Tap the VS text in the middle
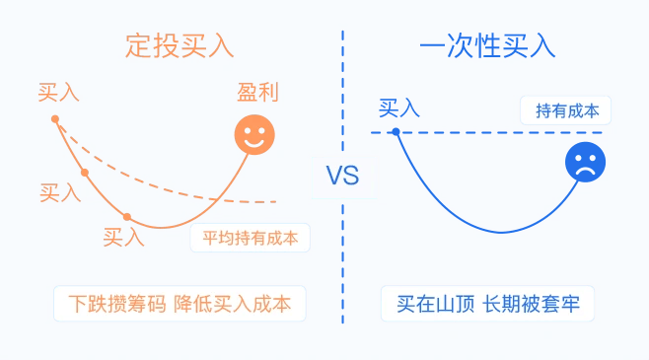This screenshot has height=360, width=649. [342, 177]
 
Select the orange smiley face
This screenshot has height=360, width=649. [254, 135]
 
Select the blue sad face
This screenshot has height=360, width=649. [585, 162]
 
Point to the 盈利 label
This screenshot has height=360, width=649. [257, 94]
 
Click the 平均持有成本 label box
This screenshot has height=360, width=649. [250, 238]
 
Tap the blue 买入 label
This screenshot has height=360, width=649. [399, 108]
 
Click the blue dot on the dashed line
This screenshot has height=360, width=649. [396, 131]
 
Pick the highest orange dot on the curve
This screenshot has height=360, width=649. [55, 119]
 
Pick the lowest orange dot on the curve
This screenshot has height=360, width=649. [127, 216]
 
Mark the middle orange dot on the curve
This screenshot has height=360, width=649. [85, 173]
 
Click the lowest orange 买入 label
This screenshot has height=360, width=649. [124, 237]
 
